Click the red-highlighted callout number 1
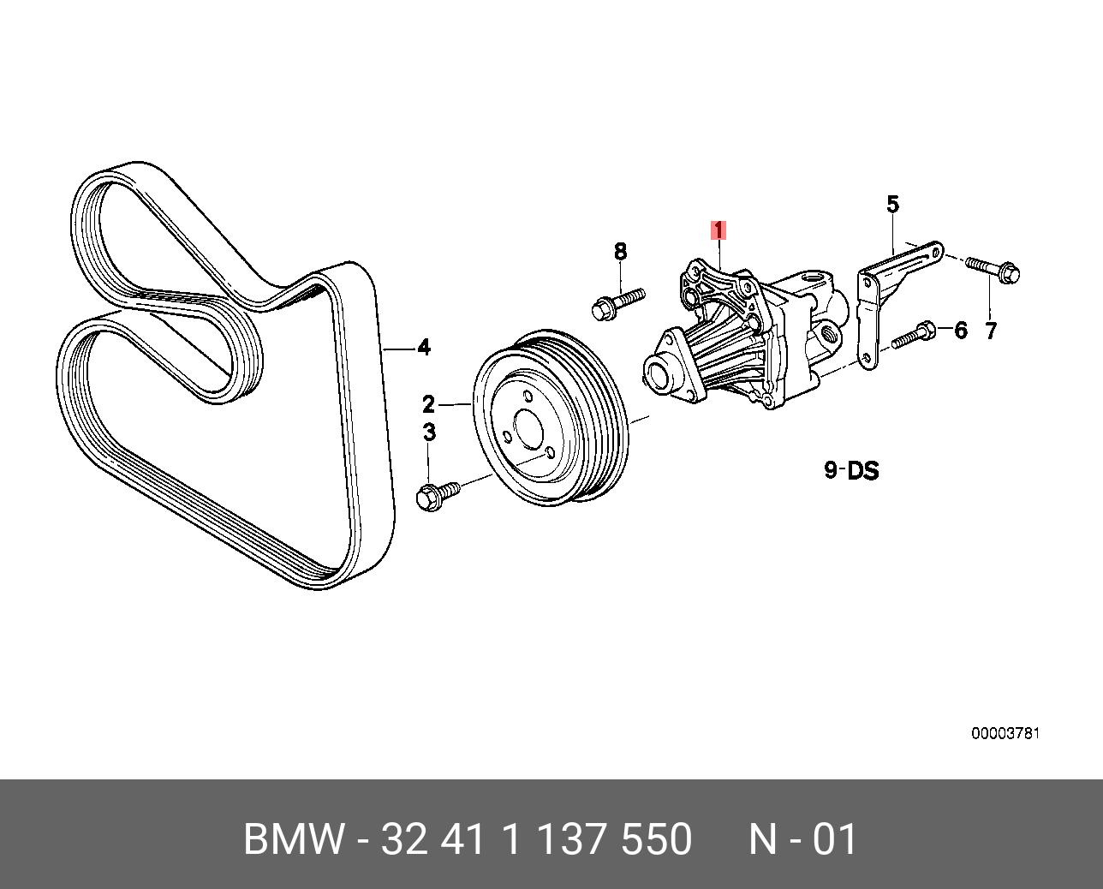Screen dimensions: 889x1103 click(718, 230)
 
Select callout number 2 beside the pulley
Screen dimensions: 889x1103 click(428, 403)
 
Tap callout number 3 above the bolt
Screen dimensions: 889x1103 click(429, 433)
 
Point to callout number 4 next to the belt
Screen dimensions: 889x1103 click(423, 348)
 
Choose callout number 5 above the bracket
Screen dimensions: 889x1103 click(892, 205)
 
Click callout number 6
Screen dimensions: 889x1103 click(960, 330)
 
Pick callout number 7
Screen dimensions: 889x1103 click(991, 331)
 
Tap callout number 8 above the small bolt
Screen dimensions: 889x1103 click(620, 252)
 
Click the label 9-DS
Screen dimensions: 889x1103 click(851, 470)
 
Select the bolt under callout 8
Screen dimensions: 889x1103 click(616, 302)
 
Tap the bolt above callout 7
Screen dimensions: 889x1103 click(994, 270)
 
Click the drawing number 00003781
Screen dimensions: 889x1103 click(1005, 734)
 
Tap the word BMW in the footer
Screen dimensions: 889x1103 click(294, 839)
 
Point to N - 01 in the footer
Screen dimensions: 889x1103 click(802, 839)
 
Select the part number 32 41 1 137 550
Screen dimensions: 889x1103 click(536, 839)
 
